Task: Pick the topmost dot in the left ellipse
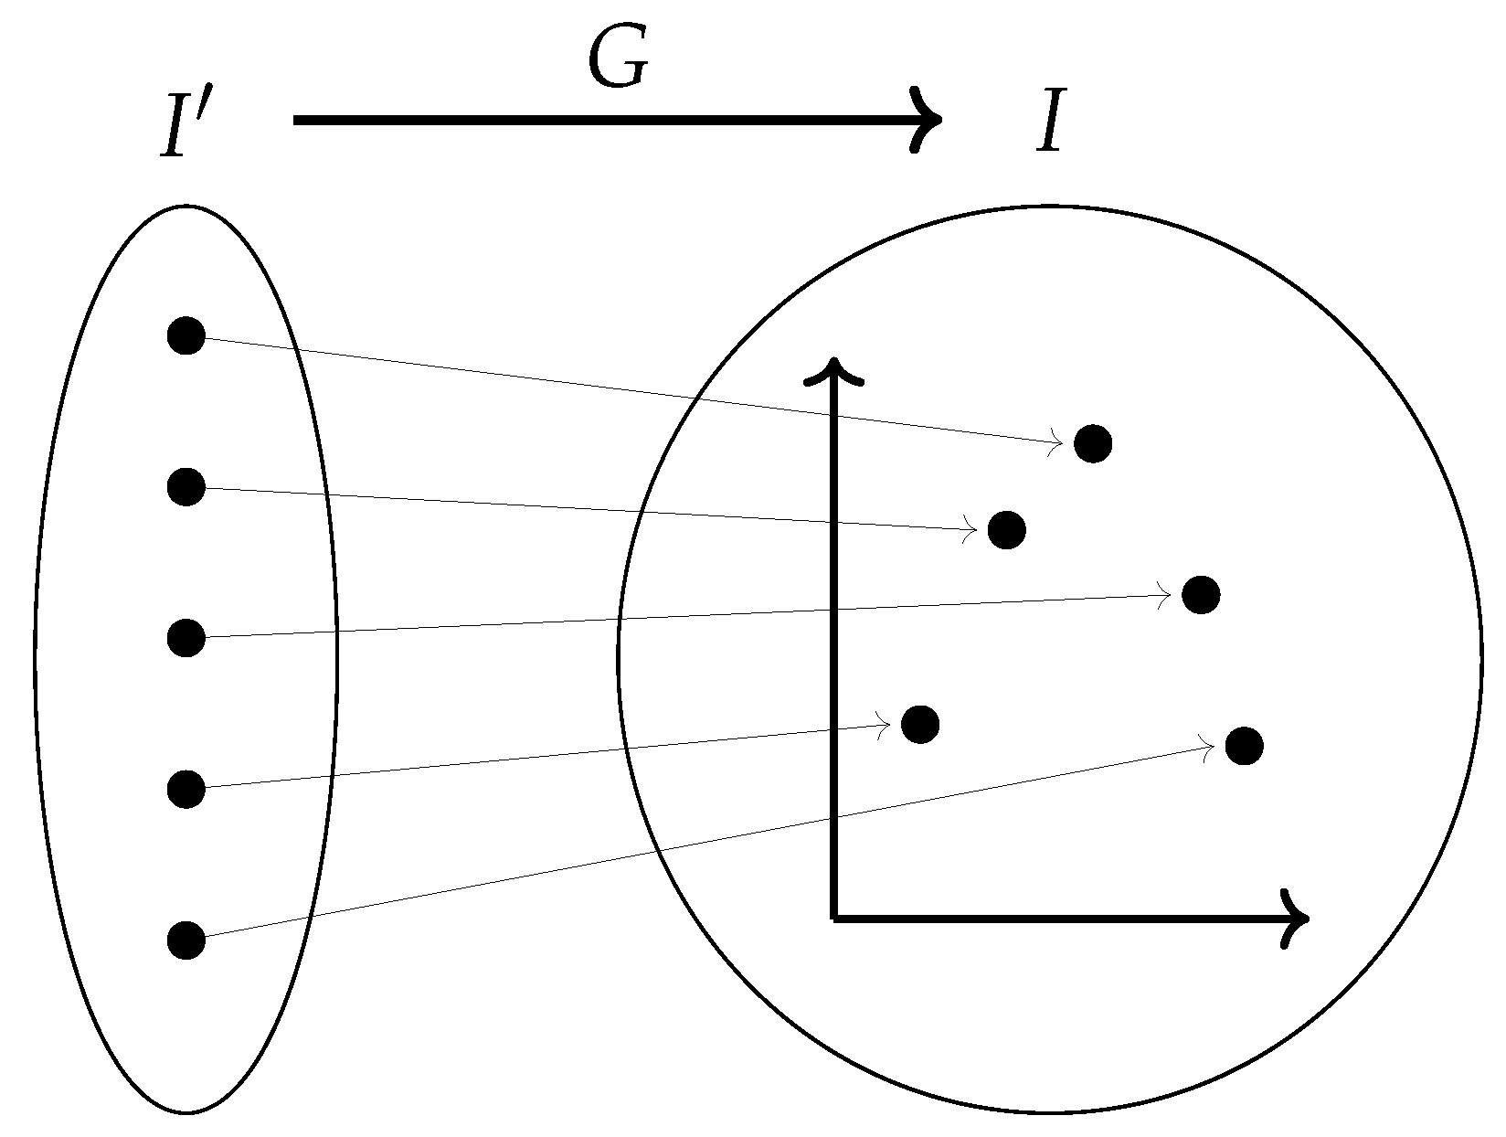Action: pos(186,335)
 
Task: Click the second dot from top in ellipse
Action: pos(186,486)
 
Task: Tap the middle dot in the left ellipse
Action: pos(186,637)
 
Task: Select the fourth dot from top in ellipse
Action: pos(186,788)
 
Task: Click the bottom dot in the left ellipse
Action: pos(186,939)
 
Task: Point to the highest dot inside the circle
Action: pos(1093,443)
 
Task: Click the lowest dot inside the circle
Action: pos(1245,746)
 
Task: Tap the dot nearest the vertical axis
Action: pos(920,724)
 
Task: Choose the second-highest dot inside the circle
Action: pos(1006,530)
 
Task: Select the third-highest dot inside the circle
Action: pos(1201,595)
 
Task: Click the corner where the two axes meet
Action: pos(833,917)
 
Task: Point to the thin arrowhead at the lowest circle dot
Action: pos(1209,748)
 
